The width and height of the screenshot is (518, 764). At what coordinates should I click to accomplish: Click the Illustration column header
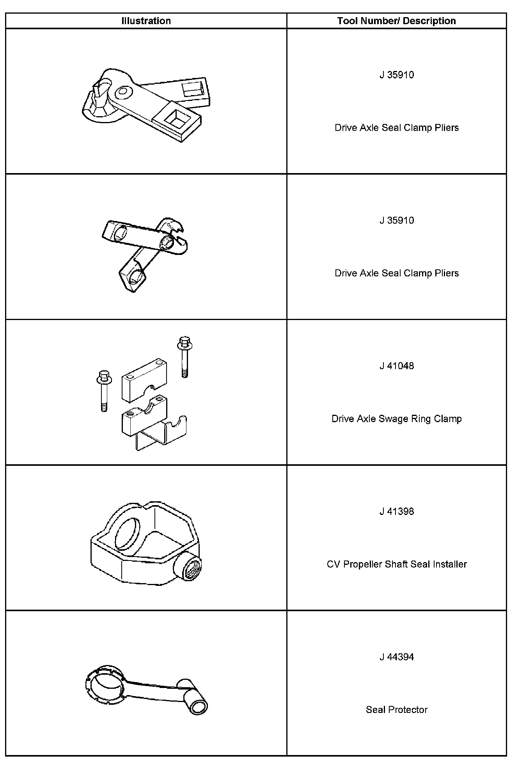point(146,21)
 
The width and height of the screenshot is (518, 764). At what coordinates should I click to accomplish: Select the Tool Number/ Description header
point(396,21)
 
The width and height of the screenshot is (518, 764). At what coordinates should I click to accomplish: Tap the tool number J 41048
point(396,366)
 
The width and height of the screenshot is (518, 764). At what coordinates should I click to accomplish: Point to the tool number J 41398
point(396,511)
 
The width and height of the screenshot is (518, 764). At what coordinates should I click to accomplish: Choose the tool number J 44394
point(396,657)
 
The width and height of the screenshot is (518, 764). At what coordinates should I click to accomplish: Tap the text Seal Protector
point(396,710)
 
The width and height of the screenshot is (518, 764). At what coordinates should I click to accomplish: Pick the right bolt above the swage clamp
point(185,357)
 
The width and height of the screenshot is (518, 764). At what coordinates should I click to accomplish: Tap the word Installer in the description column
point(450,564)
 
